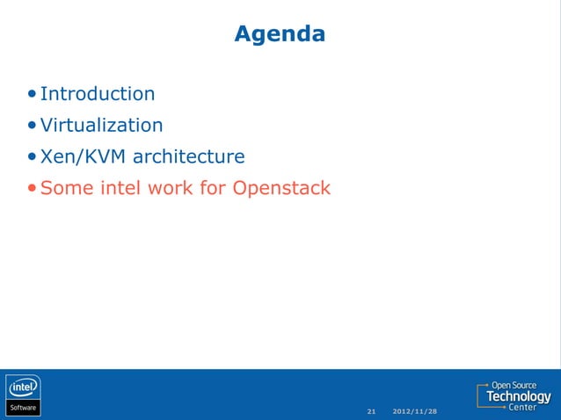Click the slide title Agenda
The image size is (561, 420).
click(x=280, y=34)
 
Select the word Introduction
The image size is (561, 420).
click(x=98, y=94)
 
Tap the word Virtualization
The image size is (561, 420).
click(x=101, y=126)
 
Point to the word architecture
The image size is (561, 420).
click(x=188, y=157)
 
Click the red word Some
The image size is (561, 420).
click(x=62, y=188)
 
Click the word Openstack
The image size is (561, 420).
click(x=281, y=188)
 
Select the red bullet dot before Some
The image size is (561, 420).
click(x=33, y=189)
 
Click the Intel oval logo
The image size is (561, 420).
click(x=24, y=387)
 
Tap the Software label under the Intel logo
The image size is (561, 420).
click(x=24, y=408)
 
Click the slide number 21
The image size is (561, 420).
click(x=371, y=411)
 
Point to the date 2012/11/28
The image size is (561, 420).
click(x=415, y=411)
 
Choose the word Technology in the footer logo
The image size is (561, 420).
click(x=519, y=397)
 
